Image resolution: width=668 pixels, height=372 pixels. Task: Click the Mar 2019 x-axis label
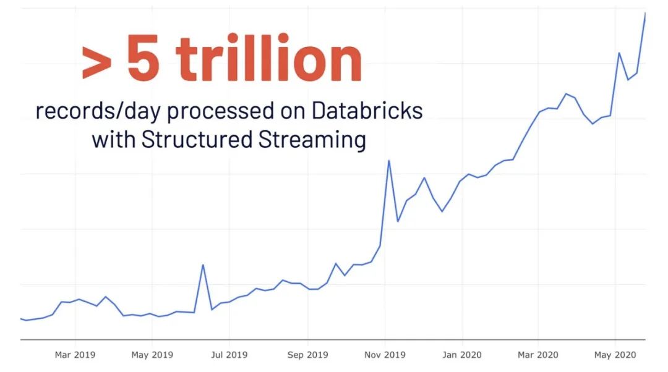coord(75,355)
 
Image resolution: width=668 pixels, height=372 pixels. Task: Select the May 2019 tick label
coord(152,355)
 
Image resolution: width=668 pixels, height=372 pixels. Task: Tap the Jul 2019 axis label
coord(229,355)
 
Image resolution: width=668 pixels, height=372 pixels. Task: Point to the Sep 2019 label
coord(308,355)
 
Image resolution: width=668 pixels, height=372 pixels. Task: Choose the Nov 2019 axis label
coord(385,355)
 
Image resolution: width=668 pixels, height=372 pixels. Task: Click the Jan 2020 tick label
coord(461,355)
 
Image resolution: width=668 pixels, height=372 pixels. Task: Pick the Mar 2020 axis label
coord(538,355)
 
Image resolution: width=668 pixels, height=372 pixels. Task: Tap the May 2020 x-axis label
coord(615,355)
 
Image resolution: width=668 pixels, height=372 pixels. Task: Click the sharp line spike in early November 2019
coord(388,161)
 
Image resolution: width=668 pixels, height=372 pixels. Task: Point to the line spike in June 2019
coord(203,265)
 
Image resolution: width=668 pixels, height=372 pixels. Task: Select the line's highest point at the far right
coord(645,13)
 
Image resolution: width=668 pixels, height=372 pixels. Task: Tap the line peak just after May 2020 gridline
coord(619,53)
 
